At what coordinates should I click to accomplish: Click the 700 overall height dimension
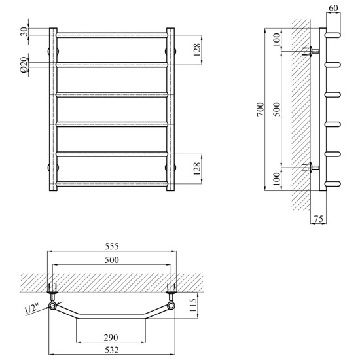pyautogui.click(x=261, y=109)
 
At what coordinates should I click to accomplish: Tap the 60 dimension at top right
pyautogui.click(x=333, y=8)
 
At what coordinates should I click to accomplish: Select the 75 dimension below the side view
pyautogui.click(x=319, y=219)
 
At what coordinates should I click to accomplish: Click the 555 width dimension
pyautogui.click(x=112, y=246)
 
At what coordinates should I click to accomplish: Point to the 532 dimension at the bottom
pyautogui.click(x=112, y=350)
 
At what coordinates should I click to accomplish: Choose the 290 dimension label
pyautogui.click(x=111, y=338)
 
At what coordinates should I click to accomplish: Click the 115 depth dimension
pyautogui.click(x=194, y=305)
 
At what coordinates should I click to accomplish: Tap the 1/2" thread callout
pyautogui.click(x=32, y=308)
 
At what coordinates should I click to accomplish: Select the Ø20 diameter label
pyautogui.click(x=24, y=65)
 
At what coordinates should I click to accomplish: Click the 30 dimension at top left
pyautogui.click(x=24, y=31)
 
